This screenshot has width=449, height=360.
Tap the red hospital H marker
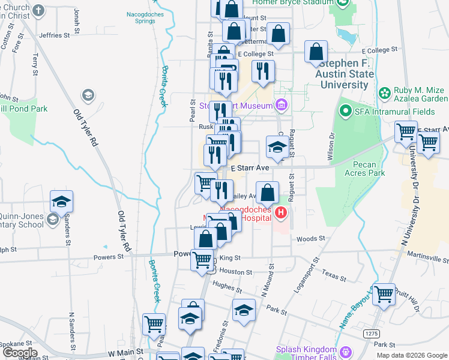click(280, 212)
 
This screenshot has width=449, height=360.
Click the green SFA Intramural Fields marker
click(345, 111)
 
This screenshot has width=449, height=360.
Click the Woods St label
click(310, 238)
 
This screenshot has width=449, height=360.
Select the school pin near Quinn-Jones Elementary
click(61, 202)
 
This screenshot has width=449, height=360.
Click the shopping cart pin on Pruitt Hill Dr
click(384, 295)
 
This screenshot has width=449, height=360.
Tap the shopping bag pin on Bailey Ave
click(268, 193)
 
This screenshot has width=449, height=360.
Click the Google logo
click(19, 353)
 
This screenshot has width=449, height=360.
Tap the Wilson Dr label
click(330, 142)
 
